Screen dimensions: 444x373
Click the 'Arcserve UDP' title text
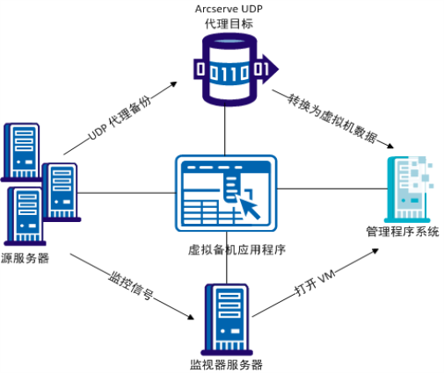tap(229, 9)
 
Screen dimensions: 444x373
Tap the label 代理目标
tap(229, 24)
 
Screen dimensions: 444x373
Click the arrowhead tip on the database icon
tap(279, 69)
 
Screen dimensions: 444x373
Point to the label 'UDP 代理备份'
tap(120, 118)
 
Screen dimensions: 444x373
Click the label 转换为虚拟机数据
tap(332, 118)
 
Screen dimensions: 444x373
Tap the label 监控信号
tap(131, 285)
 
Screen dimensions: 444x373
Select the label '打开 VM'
tap(315, 283)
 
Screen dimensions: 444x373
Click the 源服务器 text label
tap(25, 258)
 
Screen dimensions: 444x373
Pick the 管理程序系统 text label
tap(403, 232)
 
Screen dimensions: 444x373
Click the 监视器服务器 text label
tap(226, 365)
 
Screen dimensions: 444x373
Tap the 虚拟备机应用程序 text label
tap(237, 250)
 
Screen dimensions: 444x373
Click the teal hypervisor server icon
tap(409, 190)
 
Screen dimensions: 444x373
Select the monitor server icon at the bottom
tap(227, 319)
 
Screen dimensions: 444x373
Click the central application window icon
tap(226, 193)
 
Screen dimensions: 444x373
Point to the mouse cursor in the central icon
tap(250, 207)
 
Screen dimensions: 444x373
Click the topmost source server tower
tap(22, 152)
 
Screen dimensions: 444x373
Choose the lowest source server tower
tap(25, 217)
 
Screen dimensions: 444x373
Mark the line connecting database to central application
tap(225, 131)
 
